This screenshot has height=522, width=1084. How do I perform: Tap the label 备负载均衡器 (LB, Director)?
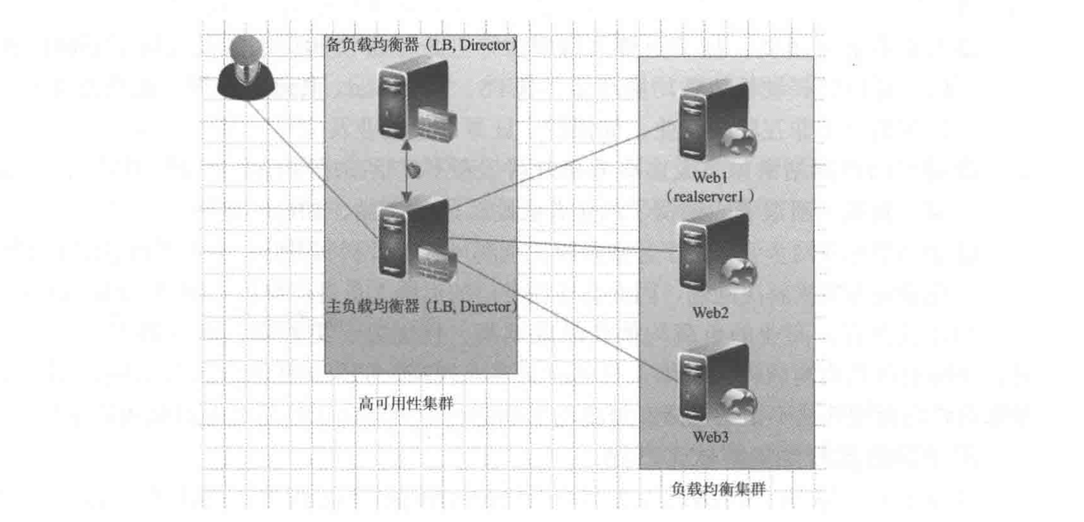click(421, 44)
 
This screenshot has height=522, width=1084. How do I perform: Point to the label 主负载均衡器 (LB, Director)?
click(421, 308)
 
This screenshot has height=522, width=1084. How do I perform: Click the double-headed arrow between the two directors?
click(407, 170)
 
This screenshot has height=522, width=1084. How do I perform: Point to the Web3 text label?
click(713, 436)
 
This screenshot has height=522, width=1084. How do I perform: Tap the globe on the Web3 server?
click(740, 401)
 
